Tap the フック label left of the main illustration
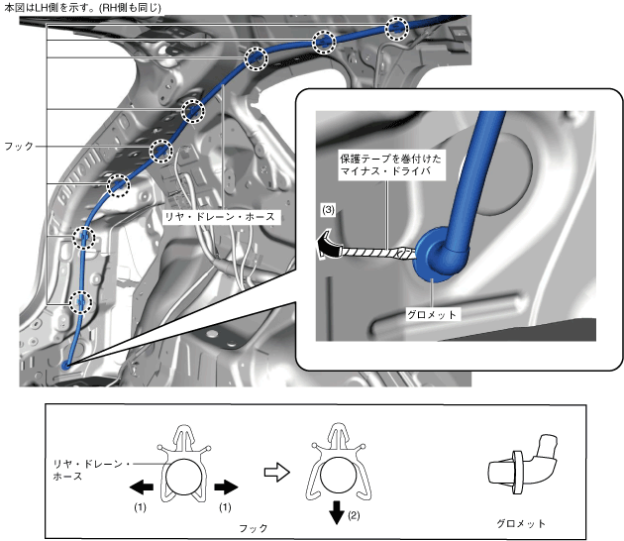(x=19, y=146)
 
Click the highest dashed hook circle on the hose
(x=396, y=28)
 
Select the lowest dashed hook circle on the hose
(x=82, y=301)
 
